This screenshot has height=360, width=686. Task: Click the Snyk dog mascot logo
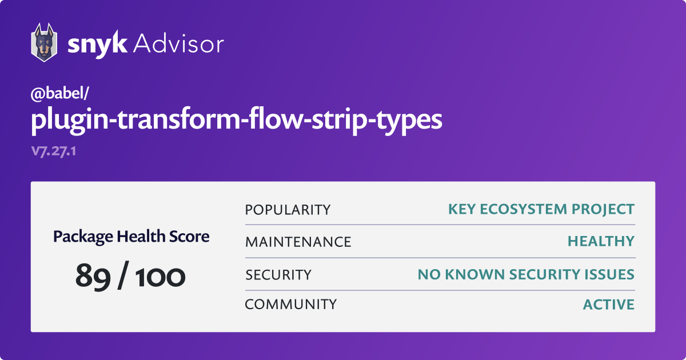tap(44, 42)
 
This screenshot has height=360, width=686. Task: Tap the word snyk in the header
tap(97, 45)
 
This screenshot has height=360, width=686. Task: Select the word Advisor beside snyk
tap(178, 44)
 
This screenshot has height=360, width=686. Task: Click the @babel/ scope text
tap(59, 93)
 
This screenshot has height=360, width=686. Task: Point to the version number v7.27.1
tap(54, 151)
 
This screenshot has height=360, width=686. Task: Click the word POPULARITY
tap(288, 210)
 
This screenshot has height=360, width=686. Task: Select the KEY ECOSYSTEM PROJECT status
tap(541, 209)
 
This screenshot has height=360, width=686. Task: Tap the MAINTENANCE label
tap(298, 242)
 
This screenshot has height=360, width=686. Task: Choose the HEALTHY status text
tap(601, 241)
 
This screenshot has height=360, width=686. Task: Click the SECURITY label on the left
tap(278, 275)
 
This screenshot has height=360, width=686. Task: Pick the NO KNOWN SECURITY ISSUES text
tap(526, 274)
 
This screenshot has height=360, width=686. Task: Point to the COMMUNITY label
tap(291, 304)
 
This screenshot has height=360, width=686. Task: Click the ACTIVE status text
tap(609, 304)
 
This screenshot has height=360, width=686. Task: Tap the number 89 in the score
tap(93, 276)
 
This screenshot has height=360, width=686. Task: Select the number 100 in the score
tap(160, 277)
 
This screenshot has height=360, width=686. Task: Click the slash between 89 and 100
tap(123, 275)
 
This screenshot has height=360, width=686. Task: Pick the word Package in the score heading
tap(83, 237)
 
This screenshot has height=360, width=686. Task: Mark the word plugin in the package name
tap(70, 121)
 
